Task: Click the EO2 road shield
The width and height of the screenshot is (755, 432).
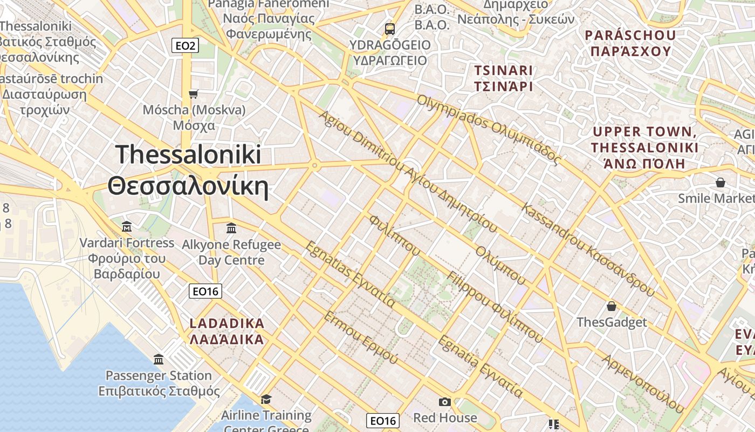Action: coord(185,46)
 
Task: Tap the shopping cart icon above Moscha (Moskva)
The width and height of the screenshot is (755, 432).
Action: coord(194,94)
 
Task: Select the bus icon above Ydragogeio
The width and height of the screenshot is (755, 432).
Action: coord(389,29)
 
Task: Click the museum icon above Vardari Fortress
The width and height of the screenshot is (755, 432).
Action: coord(127,226)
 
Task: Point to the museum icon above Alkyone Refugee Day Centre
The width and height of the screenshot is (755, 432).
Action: coord(231,228)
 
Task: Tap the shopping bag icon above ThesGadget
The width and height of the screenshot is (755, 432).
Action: coord(612,306)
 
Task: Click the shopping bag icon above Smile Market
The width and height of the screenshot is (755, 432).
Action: coord(720,183)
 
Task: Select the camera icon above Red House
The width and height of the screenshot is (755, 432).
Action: coord(445,402)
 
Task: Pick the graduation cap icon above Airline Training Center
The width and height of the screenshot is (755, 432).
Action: coord(266,399)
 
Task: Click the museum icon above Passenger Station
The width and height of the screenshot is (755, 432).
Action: coord(159,359)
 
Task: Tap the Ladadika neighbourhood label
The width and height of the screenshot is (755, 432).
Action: coord(227,331)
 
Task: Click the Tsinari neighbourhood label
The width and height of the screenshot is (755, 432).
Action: coord(503,78)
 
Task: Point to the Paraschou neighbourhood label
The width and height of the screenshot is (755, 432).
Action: coord(630,43)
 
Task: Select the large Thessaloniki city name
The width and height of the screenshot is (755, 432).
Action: coord(188,170)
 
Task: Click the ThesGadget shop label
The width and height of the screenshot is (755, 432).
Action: coord(612,322)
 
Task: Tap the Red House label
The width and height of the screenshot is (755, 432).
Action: coord(445,417)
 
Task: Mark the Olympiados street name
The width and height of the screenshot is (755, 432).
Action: coord(489,130)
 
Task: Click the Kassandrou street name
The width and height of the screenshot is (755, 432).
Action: coord(588,250)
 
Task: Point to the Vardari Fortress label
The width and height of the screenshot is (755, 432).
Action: coord(127,258)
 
